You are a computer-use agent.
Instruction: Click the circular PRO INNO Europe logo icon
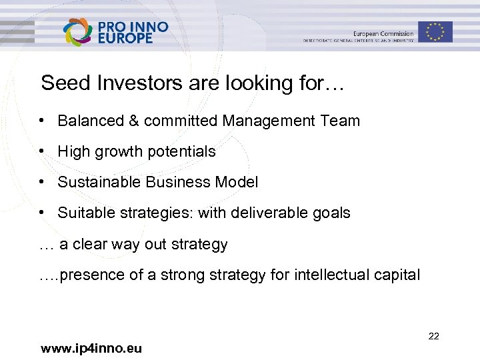tap(77, 32)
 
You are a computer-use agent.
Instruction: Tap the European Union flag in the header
tap(436, 31)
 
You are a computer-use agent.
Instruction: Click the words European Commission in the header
tap(383, 33)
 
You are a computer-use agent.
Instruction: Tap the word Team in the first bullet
tap(341, 121)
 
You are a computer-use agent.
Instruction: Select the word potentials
tap(179, 152)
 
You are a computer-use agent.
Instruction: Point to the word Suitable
tap(82, 213)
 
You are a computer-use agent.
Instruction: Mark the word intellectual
tap(331, 275)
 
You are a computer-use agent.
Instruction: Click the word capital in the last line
tap(397, 275)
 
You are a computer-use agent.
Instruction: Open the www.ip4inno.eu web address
tap(91, 348)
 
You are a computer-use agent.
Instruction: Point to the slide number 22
tap(433, 336)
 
